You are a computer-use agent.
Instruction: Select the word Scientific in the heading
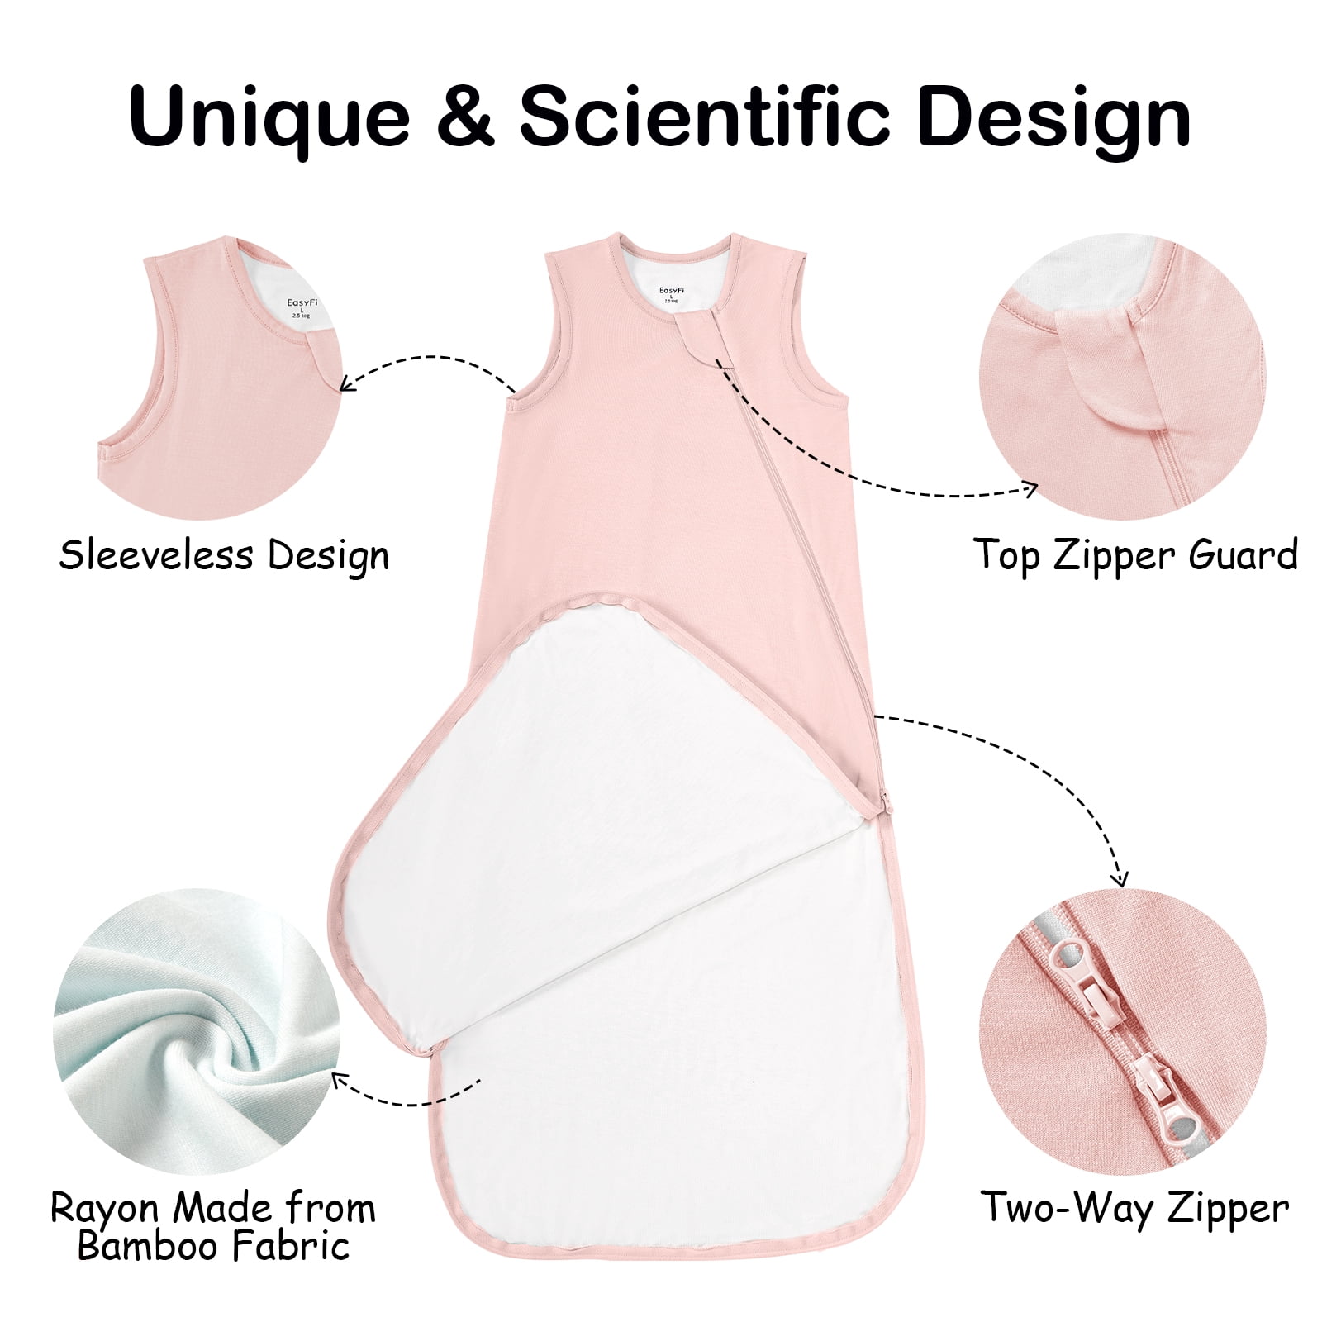pyautogui.click(x=705, y=115)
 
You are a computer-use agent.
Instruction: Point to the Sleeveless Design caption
pyautogui.click(x=224, y=555)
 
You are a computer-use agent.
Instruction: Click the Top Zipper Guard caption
pyautogui.click(x=1135, y=555)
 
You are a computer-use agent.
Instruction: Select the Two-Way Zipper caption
pyautogui.click(x=1135, y=1208)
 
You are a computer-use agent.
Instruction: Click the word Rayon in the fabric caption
pyautogui.click(x=101, y=1208)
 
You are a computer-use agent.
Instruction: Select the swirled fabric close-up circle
pyautogui.click(x=193, y=1030)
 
